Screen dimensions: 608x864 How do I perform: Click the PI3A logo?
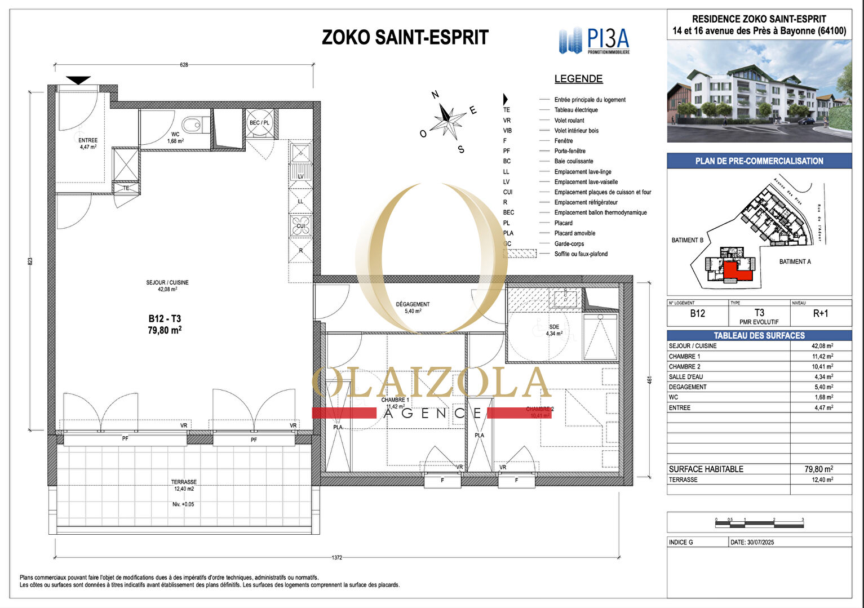tap(594, 41)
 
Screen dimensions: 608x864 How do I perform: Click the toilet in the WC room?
tap(192, 123)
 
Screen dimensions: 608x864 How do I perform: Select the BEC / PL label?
tap(259, 123)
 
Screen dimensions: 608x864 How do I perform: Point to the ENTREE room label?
tap(88, 140)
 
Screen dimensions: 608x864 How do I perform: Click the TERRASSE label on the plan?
tap(184, 482)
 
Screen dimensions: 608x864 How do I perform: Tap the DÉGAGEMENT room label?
tap(413, 304)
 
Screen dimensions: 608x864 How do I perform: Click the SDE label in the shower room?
tap(554, 327)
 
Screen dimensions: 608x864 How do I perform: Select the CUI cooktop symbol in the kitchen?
tap(301, 225)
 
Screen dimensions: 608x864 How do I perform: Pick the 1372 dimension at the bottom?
tap(336, 558)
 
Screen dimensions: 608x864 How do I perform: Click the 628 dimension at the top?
tap(184, 65)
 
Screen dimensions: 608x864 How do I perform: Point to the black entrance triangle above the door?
tap(78, 80)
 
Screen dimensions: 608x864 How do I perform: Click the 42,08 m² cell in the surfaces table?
tap(822, 346)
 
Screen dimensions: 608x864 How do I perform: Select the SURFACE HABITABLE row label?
tap(706, 469)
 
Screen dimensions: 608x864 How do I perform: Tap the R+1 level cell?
tap(821, 314)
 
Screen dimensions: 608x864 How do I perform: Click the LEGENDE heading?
tap(578, 79)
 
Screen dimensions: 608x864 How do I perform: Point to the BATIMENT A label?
tap(795, 261)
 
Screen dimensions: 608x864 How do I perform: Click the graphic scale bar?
tap(760, 524)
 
